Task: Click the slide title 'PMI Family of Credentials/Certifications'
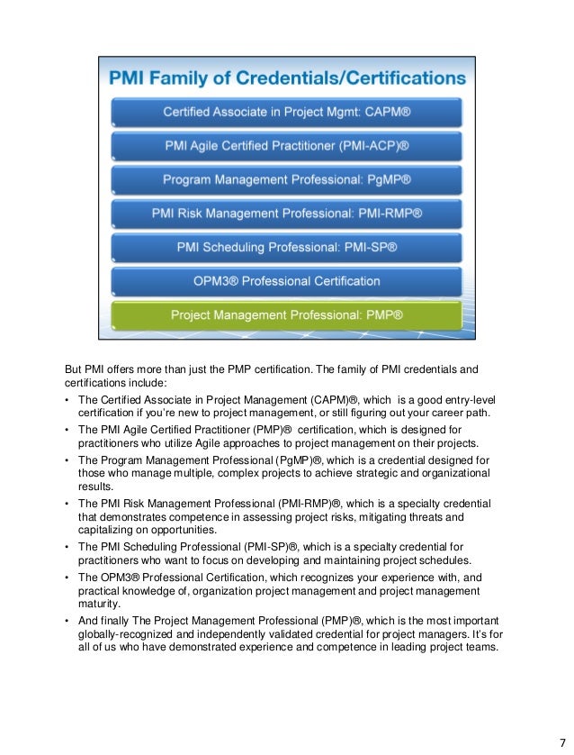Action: [x=286, y=78]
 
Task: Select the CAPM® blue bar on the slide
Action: [x=286, y=113]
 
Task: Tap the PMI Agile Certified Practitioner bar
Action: [x=286, y=146]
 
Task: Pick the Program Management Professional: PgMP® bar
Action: [x=286, y=180]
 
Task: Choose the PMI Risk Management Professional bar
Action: [x=286, y=214]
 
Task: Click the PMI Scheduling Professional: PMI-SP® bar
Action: [x=286, y=248]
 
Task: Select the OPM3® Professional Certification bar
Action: [x=286, y=282]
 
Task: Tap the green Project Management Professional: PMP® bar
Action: [x=286, y=316]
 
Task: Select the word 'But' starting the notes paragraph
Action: [x=74, y=369]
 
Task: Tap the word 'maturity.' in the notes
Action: [x=99, y=605]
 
